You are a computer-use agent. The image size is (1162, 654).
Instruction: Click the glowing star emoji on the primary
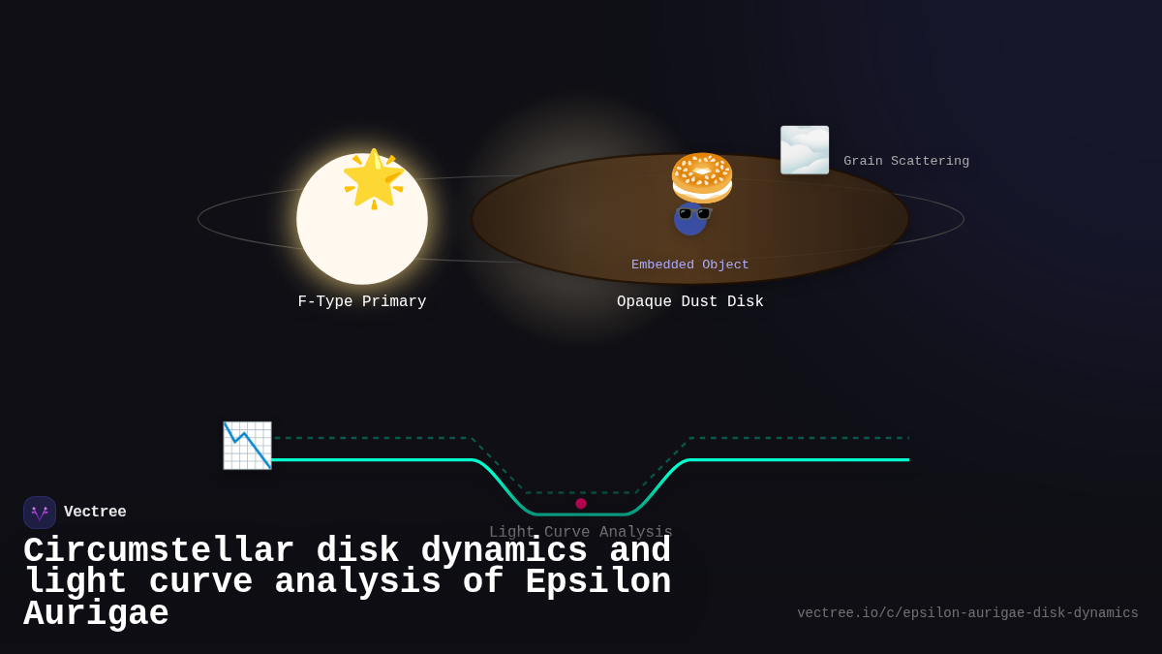374,178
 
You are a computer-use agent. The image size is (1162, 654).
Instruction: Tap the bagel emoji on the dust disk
702,176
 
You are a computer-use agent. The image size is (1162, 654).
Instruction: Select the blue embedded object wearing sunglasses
690,222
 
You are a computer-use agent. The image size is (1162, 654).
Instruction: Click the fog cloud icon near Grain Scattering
805,150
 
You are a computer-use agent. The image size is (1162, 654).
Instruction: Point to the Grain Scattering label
906,162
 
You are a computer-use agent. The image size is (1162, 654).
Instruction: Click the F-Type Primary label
362,302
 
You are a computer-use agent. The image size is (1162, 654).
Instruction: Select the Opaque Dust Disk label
690,302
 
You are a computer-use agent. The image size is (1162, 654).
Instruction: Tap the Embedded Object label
690,265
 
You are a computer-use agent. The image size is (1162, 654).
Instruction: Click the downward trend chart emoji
247,446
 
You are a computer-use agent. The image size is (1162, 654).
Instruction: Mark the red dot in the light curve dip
581,504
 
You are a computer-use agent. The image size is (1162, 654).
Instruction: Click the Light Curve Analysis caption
581,532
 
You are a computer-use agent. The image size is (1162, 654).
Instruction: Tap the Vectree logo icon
40,513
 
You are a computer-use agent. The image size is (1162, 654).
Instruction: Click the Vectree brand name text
95,513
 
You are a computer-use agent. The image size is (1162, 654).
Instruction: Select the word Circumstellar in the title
159,551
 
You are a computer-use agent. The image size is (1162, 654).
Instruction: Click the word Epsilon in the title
597,582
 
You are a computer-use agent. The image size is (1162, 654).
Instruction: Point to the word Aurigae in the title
96,614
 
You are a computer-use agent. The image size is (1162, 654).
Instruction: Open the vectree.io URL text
967,613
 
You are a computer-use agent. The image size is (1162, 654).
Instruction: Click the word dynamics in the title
504,551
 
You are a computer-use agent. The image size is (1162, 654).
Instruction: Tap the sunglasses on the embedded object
694,213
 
